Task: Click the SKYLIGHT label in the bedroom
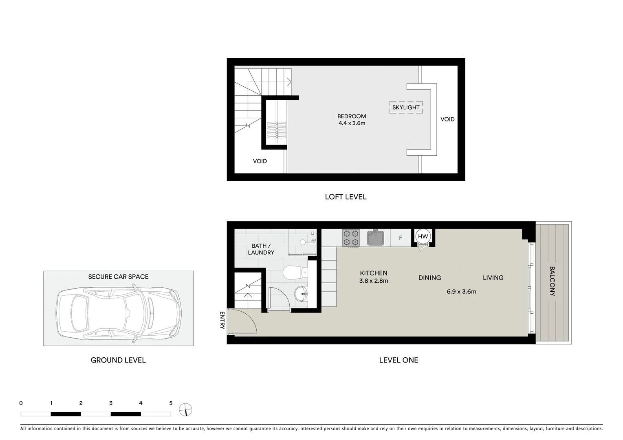pyautogui.click(x=405, y=108)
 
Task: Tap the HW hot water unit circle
pyautogui.click(x=423, y=236)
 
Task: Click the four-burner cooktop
pyautogui.click(x=351, y=238)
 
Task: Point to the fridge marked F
pyautogui.click(x=401, y=238)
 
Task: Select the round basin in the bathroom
pyautogui.click(x=301, y=292)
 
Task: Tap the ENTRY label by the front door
pyautogui.click(x=222, y=320)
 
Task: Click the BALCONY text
pyautogui.click(x=552, y=281)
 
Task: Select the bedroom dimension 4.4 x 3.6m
pyautogui.click(x=352, y=123)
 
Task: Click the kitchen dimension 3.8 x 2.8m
pyautogui.click(x=373, y=281)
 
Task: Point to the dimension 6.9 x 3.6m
pyautogui.click(x=461, y=292)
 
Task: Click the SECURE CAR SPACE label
pyautogui.click(x=118, y=277)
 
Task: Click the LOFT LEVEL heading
pyautogui.click(x=346, y=197)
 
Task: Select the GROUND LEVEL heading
pyautogui.click(x=118, y=360)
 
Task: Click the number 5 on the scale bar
pyautogui.click(x=171, y=403)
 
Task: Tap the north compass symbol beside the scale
pyautogui.click(x=185, y=409)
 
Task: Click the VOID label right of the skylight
pyautogui.click(x=447, y=119)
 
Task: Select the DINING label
pyautogui.click(x=429, y=278)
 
